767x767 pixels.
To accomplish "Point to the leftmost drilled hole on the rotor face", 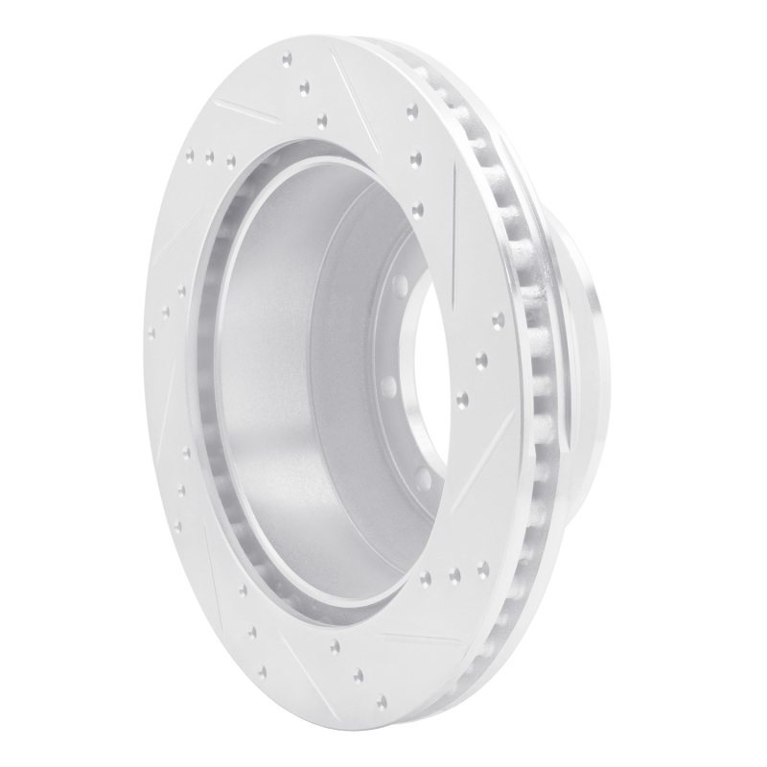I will (x=151, y=334).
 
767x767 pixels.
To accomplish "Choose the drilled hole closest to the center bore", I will (x=464, y=395).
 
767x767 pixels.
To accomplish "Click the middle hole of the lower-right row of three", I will (x=453, y=575).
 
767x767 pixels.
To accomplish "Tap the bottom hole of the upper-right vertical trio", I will (x=417, y=206).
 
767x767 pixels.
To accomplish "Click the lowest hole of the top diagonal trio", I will (x=321, y=120).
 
